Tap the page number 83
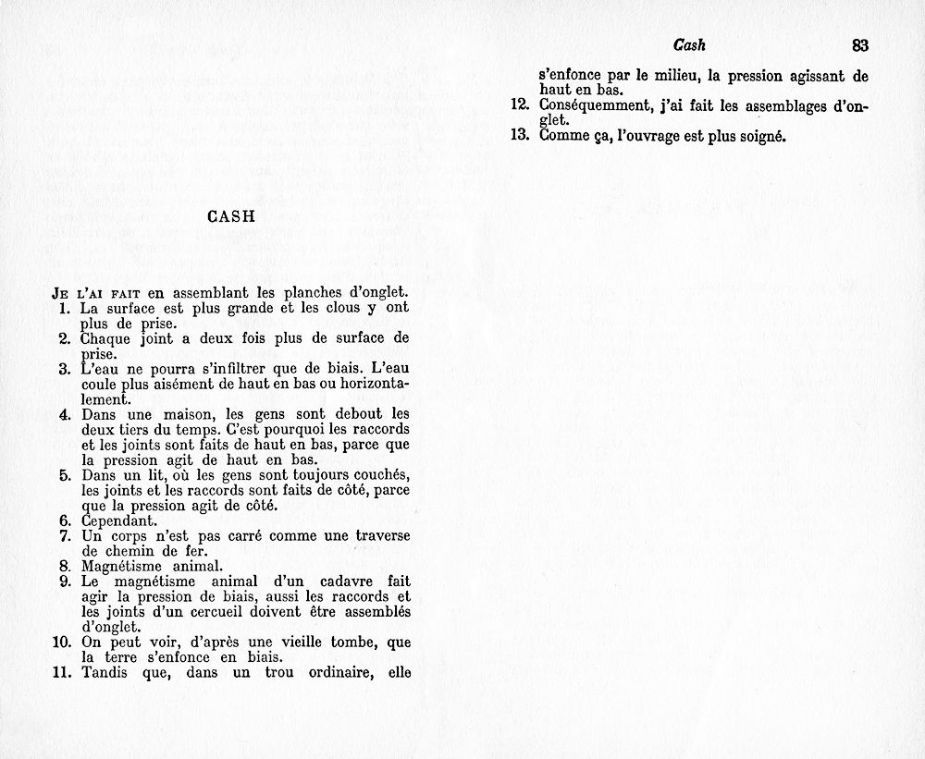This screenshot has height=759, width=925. click(x=860, y=44)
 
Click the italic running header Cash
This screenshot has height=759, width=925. click(x=690, y=44)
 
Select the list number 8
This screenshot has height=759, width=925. click(x=65, y=566)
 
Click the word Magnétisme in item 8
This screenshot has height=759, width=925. click(x=120, y=566)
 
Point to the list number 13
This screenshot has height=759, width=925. click(x=519, y=136)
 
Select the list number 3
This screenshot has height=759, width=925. click(x=65, y=370)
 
